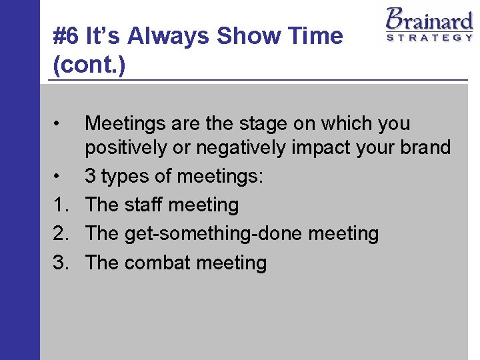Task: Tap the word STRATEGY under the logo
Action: [429, 37]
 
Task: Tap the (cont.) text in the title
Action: [89, 66]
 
